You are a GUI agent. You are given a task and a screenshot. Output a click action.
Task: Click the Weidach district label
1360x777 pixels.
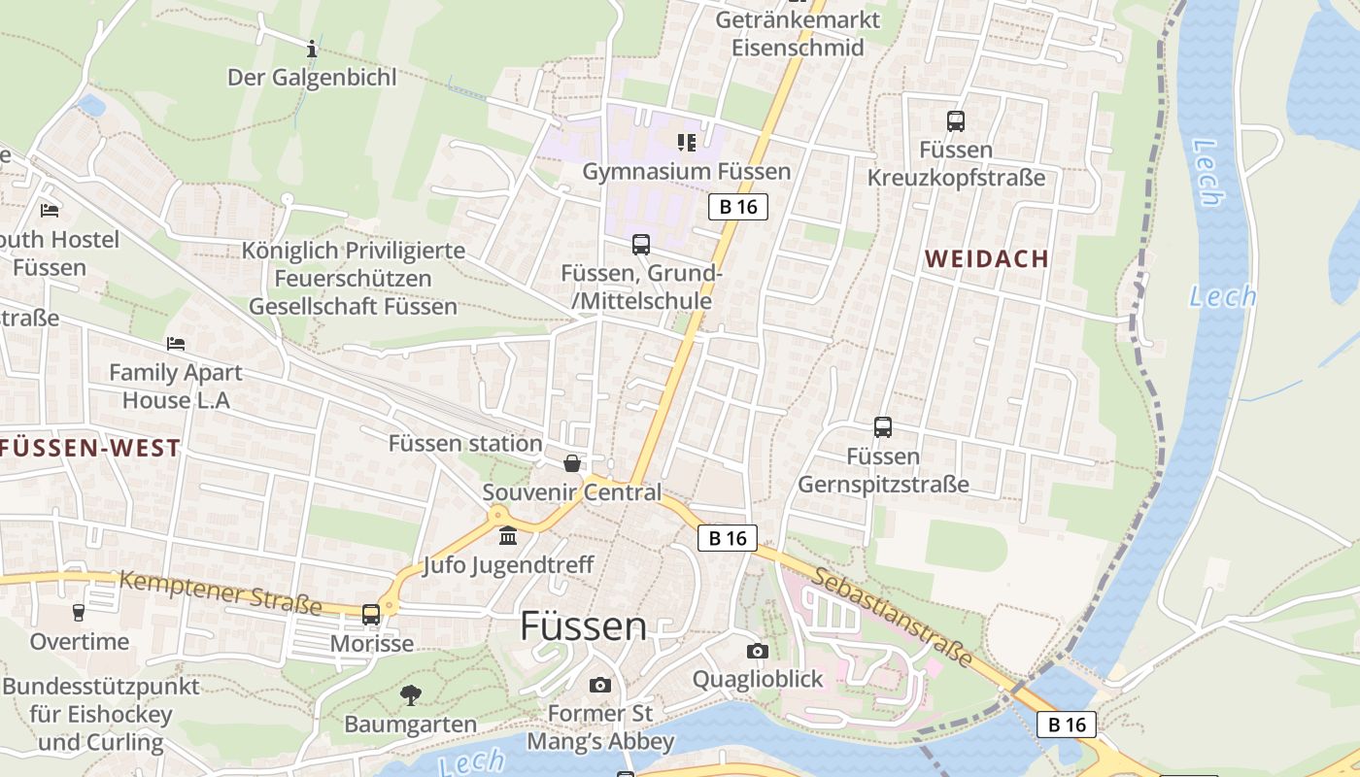point(987,258)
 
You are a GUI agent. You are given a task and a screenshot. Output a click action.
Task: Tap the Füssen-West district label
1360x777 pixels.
point(90,448)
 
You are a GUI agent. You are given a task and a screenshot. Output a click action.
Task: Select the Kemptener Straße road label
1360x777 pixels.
point(221,591)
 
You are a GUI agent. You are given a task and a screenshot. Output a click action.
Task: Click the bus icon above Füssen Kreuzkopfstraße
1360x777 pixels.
point(956,121)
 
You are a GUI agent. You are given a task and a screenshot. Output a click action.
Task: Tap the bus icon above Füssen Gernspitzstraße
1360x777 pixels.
point(883,427)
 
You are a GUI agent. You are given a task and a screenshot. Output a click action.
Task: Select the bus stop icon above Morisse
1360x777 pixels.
point(371,614)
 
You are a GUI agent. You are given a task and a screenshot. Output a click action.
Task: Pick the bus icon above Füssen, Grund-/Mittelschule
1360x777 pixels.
point(641,245)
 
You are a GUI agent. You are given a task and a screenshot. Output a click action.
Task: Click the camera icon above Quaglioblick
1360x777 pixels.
point(758,651)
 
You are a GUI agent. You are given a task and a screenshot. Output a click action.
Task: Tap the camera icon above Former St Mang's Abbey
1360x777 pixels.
point(600,685)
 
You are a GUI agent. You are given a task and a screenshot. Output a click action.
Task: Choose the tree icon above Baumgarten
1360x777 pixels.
point(411,694)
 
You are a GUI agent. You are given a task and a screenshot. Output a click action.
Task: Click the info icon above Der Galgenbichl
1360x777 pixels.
point(312,48)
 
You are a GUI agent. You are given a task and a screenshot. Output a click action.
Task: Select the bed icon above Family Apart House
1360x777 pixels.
point(176,344)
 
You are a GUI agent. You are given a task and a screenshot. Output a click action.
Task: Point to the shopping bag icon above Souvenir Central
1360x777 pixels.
point(572,463)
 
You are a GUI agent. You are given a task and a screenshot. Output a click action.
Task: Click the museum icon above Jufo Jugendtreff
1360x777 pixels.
point(508,536)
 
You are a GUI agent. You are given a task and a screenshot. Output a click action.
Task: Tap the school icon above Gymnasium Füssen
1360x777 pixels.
point(687,143)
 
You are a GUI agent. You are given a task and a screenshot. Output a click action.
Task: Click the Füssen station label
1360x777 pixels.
point(465,444)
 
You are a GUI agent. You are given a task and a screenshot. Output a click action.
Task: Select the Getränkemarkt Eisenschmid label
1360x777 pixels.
point(798,33)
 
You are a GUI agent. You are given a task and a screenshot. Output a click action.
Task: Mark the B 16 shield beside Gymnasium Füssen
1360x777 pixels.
point(738,206)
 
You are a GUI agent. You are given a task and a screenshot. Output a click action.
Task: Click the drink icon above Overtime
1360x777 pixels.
point(79,612)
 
